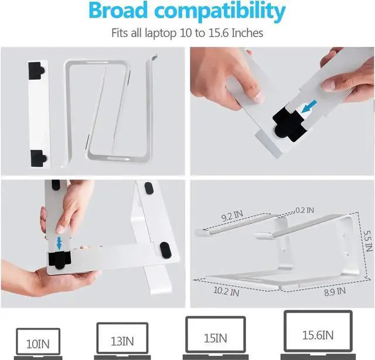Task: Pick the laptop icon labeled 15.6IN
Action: tap(318, 334)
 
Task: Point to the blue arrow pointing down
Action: tap(59, 242)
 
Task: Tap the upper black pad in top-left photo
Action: tap(36, 71)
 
